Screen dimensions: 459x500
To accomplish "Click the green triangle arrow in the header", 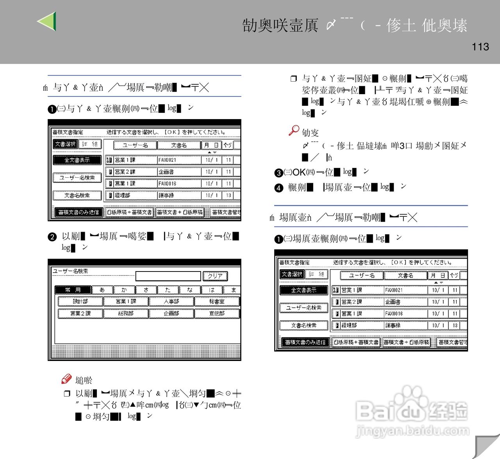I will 48,21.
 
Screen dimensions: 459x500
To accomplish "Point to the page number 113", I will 480,47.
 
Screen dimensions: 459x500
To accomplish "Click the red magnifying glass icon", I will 294,130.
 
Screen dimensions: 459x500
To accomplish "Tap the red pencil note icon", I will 66,379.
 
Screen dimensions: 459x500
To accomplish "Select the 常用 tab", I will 73,290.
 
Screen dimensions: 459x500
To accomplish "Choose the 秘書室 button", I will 217,301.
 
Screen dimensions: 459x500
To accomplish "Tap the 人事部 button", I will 171,301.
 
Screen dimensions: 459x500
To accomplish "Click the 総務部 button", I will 126,313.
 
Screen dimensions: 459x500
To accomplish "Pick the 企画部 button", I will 171,313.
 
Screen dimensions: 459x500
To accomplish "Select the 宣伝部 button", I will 217,313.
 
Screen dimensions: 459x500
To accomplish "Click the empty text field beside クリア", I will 168,276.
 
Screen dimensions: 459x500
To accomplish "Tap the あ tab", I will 102,290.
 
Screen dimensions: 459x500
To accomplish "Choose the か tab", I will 124,290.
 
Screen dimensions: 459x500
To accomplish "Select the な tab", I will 190,290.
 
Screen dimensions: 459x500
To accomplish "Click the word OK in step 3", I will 299,172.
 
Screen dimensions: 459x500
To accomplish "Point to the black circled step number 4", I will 279,188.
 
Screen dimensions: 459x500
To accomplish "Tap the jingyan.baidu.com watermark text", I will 412,431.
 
